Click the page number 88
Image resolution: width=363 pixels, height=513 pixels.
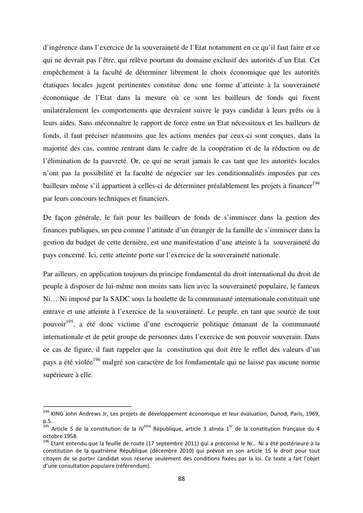click(x=181, y=479)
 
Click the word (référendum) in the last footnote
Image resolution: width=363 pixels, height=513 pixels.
click(x=133, y=466)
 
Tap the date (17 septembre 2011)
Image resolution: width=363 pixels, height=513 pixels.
click(x=149, y=443)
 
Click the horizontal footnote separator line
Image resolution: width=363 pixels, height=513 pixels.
click(x=87, y=406)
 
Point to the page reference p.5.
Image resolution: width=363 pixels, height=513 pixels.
click(x=48, y=421)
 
